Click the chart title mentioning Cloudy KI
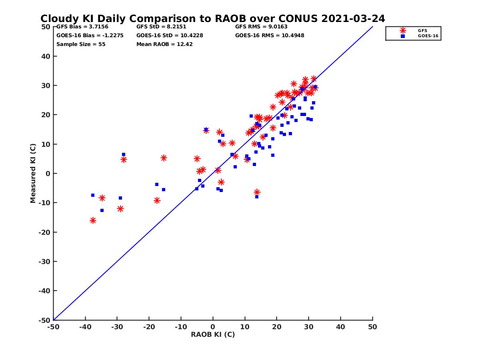coord(213,19)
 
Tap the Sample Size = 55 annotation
coord(81,44)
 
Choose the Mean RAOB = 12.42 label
coord(164,44)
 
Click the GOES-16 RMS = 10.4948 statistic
coord(270,35)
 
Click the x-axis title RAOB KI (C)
coord(213,334)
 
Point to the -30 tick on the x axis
coord(117,327)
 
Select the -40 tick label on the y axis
coord(44,291)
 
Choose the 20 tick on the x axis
coord(276,327)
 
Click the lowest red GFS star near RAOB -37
coord(93,220)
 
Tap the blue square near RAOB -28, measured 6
coord(124,154)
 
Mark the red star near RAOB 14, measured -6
coord(257,192)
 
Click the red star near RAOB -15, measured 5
coord(164,158)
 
